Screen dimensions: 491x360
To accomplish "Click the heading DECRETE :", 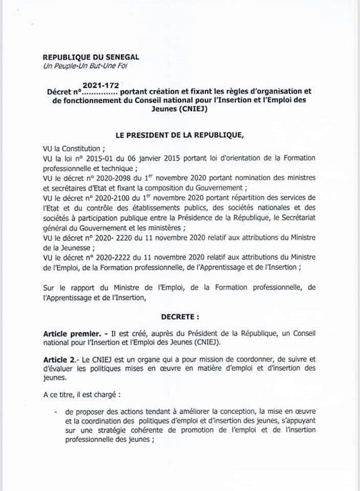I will click(179, 334).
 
